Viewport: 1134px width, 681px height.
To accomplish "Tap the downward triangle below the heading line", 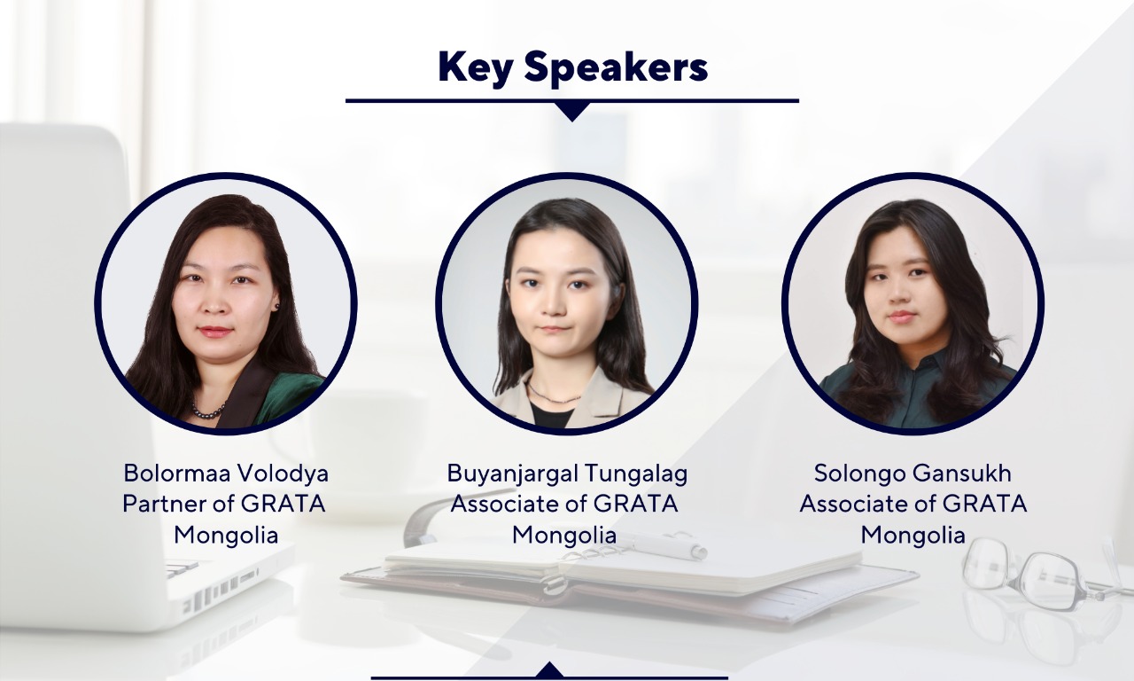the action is (572, 112).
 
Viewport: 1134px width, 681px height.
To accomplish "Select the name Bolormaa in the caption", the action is (178, 474).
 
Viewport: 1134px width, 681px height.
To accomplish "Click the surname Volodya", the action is (283, 474).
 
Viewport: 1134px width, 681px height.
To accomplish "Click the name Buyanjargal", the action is (512, 474).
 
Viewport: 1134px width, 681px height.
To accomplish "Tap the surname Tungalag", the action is (636, 474).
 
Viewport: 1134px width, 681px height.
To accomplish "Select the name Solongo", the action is (859, 474).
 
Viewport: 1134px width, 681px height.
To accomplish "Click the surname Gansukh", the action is (961, 474).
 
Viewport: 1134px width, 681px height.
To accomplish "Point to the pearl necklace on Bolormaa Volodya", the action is (208, 411).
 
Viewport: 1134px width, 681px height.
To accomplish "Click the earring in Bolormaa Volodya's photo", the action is (276, 307).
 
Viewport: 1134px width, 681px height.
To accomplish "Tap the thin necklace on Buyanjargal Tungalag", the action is (553, 395).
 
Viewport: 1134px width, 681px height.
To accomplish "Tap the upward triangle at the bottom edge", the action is (550, 669).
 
